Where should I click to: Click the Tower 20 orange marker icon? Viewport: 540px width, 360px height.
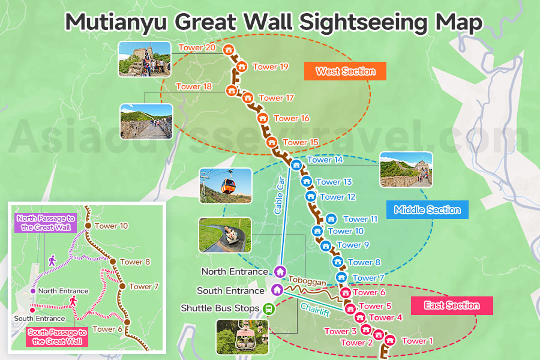[228, 50]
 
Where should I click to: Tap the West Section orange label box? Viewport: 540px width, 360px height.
[345, 71]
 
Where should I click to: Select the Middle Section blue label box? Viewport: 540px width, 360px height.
[427, 210]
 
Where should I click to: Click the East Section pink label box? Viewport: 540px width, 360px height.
[452, 305]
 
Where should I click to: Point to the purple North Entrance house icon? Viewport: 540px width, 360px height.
[279, 271]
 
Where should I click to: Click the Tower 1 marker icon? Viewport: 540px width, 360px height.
[391, 340]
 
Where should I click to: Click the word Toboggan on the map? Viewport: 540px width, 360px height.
[307, 281]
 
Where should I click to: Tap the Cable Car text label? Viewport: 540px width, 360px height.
[279, 196]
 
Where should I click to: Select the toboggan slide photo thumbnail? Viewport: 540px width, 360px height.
[224, 235]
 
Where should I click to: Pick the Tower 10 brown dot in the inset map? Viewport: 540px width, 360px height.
[88, 226]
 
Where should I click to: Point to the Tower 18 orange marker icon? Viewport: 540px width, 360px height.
[231, 91]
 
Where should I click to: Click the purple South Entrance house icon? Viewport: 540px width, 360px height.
[277, 290]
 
